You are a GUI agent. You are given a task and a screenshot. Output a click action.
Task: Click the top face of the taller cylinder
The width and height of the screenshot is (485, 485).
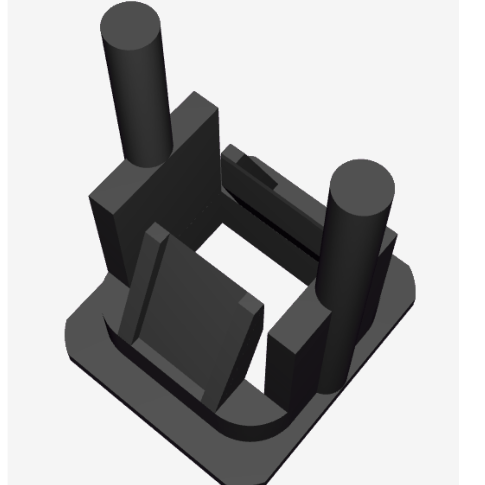click(130, 25)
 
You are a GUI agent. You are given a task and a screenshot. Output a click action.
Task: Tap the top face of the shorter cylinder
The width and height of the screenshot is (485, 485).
click(362, 187)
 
